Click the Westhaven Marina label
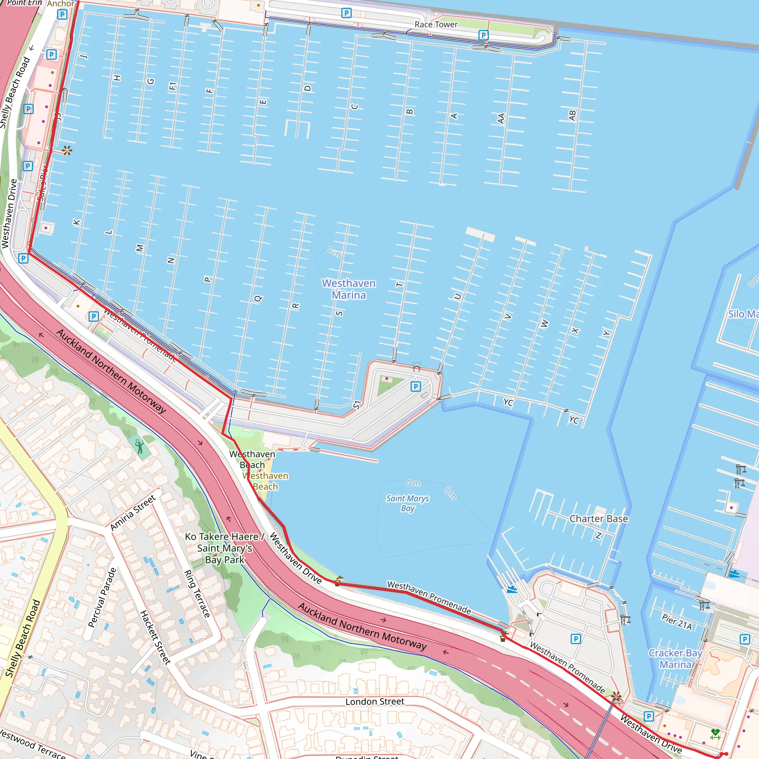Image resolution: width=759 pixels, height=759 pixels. pyautogui.click(x=348, y=289)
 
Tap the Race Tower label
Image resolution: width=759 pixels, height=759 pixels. pyautogui.click(x=436, y=25)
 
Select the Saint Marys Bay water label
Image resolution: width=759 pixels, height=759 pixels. pyautogui.click(x=407, y=503)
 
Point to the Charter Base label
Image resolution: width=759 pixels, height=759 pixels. pyautogui.click(x=599, y=519)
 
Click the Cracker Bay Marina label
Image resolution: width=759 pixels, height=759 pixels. pyautogui.click(x=675, y=659)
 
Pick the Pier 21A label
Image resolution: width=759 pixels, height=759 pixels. pyautogui.click(x=677, y=622)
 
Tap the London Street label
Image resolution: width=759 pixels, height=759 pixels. pyautogui.click(x=375, y=702)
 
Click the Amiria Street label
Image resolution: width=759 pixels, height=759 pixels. pyautogui.click(x=133, y=513)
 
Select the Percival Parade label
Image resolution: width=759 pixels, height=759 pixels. pyautogui.click(x=102, y=597)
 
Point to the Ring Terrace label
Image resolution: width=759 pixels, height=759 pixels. pyautogui.click(x=197, y=594)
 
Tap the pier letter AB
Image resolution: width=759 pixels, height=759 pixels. pyautogui.click(x=572, y=115)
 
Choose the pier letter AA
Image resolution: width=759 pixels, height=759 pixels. pyautogui.click(x=501, y=118)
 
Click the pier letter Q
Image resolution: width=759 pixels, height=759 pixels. pyautogui.click(x=258, y=299)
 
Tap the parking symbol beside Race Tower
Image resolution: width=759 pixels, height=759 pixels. pyautogui.click(x=483, y=35)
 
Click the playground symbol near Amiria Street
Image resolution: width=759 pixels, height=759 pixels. pyautogui.click(x=139, y=447)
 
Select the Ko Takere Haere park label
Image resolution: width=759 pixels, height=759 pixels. pyautogui.click(x=225, y=548)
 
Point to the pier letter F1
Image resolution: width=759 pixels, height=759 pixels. pyautogui.click(x=172, y=86)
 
